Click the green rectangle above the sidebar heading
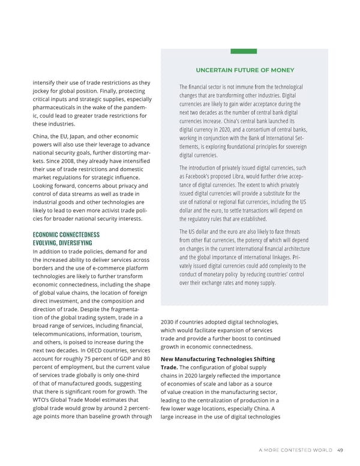244,51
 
